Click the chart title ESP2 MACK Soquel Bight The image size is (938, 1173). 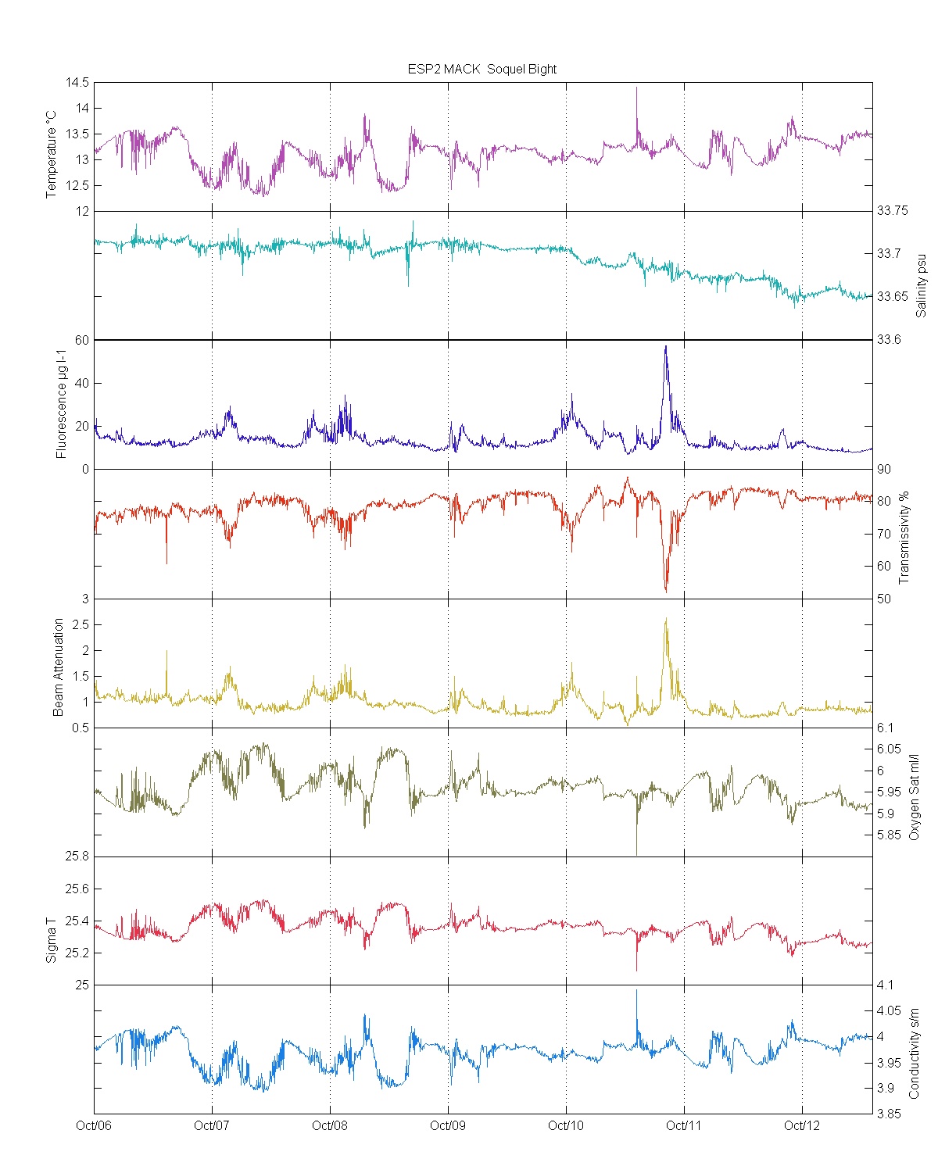coord(482,69)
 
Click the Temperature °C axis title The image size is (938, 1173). coord(52,154)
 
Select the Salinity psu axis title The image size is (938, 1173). coord(921,284)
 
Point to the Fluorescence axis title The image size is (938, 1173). coord(62,403)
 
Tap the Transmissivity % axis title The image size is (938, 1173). coord(904,537)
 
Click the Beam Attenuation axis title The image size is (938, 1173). coord(59,667)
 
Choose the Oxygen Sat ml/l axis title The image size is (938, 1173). coord(914,796)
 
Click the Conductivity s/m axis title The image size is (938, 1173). coord(914,1053)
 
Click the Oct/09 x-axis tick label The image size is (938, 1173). coord(448,1125)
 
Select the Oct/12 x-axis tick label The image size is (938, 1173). coord(802,1125)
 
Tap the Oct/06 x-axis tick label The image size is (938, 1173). coord(94,1125)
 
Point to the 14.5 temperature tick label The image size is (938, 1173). coord(77,82)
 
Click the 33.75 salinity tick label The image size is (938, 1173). coord(893,210)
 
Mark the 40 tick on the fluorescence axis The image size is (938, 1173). coord(82,383)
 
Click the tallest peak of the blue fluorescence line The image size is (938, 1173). coord(666,346)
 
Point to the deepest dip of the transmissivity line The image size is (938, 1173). coord(666,592)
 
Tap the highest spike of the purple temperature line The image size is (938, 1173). coord(636,88)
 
